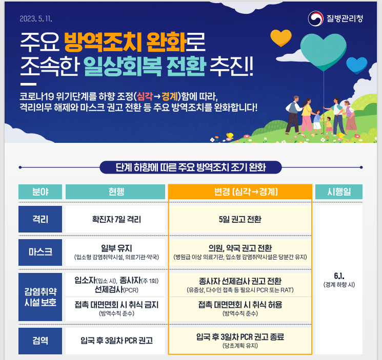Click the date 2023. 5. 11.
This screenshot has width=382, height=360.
tap(36, 19)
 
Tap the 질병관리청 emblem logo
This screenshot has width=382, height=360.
tap(315, 18)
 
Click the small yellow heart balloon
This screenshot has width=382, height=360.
tap(281, 38)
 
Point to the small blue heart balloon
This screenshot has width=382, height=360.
tap(357, 65)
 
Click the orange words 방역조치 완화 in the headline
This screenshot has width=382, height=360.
tap(126, 42)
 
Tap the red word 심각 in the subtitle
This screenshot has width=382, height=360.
tap(145, 97)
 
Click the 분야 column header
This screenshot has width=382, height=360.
tap(40, 192)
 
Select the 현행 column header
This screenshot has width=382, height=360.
tap(115, 192)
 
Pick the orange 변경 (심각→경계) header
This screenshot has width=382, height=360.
tap(240, 192)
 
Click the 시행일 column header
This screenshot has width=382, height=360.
tap(339, 192)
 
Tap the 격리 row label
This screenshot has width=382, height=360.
tap(40, 219)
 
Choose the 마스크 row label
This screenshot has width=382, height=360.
tap(40, 252)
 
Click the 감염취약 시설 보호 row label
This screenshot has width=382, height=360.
tap(40, 297)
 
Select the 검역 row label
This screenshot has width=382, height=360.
tap(40, 341)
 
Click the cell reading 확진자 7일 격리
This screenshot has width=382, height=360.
tap(116, 219)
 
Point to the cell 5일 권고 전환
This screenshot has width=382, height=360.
tap(240, 219)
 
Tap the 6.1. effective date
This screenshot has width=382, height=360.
tap(339, 276)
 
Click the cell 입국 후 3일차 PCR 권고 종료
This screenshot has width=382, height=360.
tap(240, 337)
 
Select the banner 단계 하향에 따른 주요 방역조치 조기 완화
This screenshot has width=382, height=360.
tap(191, 167)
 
